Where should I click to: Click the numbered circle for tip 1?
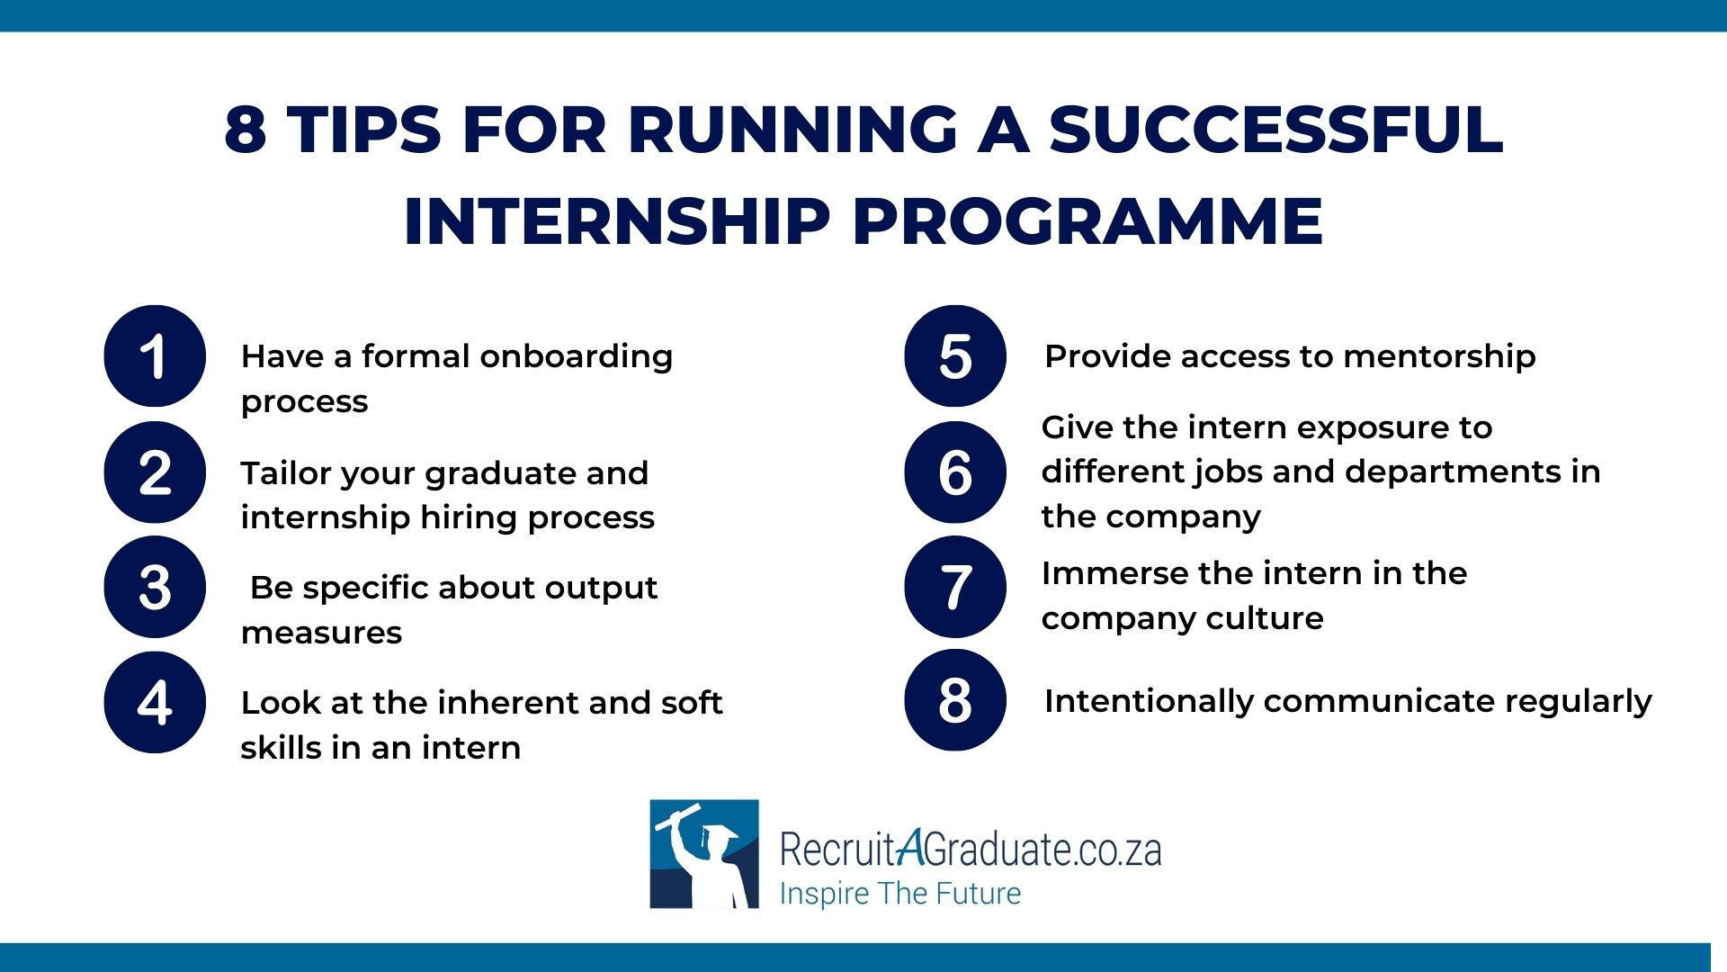pyautogui.click(x=155, y=356)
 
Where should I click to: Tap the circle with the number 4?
pyautogui.click(x=155, y=702)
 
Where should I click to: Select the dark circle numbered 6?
pyautogui.click(x=955, y=472)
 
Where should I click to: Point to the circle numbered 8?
pyautogui.click(x=955, y=700)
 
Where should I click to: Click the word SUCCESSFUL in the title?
pyautogui.click(x=1276, y=130)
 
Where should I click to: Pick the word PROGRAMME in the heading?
pyautogui.click(x=1087, y=221)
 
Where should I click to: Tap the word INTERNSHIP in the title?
pyautogui.click(x=617, y=221)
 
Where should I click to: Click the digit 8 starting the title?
pyautogui.click(x=246, y=130)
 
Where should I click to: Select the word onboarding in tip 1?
pyautogui.click(x=577, y=357)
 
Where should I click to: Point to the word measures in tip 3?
pyautogui.click(x=322, y=633)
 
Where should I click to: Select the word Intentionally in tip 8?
pyautogui.click(x=1149, y=701)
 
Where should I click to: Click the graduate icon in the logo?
pyautogui.click(x=704, y=853)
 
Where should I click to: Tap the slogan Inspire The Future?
pyautogui.click(x=900, y=894)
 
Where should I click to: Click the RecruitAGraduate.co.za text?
pyautogui.click(x=971, y=848)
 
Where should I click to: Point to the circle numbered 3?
pyautogui.click(x=155, y=587)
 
